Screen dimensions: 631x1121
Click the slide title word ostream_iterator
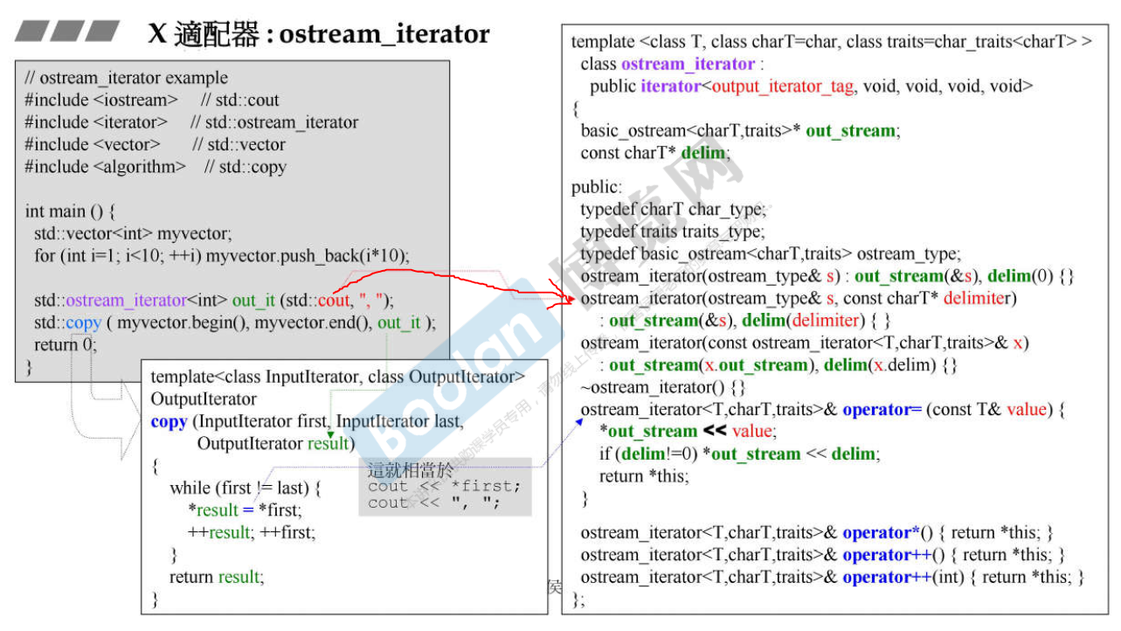[384, 33]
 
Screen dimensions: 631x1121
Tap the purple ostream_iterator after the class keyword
[688, 64]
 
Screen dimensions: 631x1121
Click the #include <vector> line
[93, 144]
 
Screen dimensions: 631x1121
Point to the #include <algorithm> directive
[106, 166]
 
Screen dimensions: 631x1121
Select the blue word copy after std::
[83, 322]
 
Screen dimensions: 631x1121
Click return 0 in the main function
[65, 344]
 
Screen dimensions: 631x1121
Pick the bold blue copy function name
[169, 421]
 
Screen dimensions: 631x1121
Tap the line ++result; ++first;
[252, 531]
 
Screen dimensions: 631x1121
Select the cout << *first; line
[444, 486]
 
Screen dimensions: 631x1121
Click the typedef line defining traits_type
[672, 232]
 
